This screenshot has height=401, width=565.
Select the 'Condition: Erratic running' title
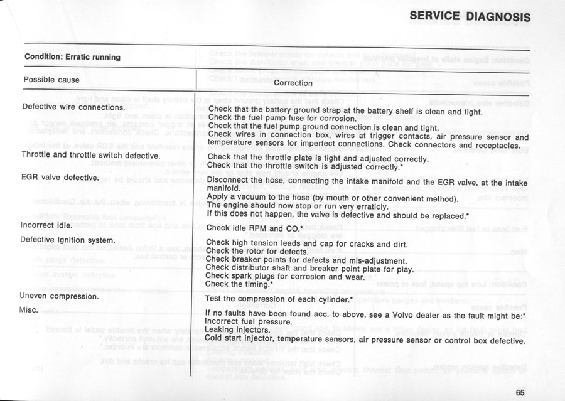(x=72, y=57)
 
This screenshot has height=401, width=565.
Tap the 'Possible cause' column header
(x=51, y=80)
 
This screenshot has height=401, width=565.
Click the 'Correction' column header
(x=293, y=83)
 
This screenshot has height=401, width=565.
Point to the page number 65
(x=520, y=393)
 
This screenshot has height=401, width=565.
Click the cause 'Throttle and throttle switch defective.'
(x=91, y=154)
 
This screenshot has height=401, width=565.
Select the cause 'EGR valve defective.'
(x=60, y=178)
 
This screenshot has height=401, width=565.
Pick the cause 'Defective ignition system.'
(x=68, y=240)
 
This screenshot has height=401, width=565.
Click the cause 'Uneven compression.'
(x=60, y=296)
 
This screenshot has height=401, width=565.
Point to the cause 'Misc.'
(x=29, y=310)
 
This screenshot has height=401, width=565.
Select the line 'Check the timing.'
(x=239, y=284)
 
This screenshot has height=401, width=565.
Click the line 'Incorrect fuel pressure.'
(x=249, y=321)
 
